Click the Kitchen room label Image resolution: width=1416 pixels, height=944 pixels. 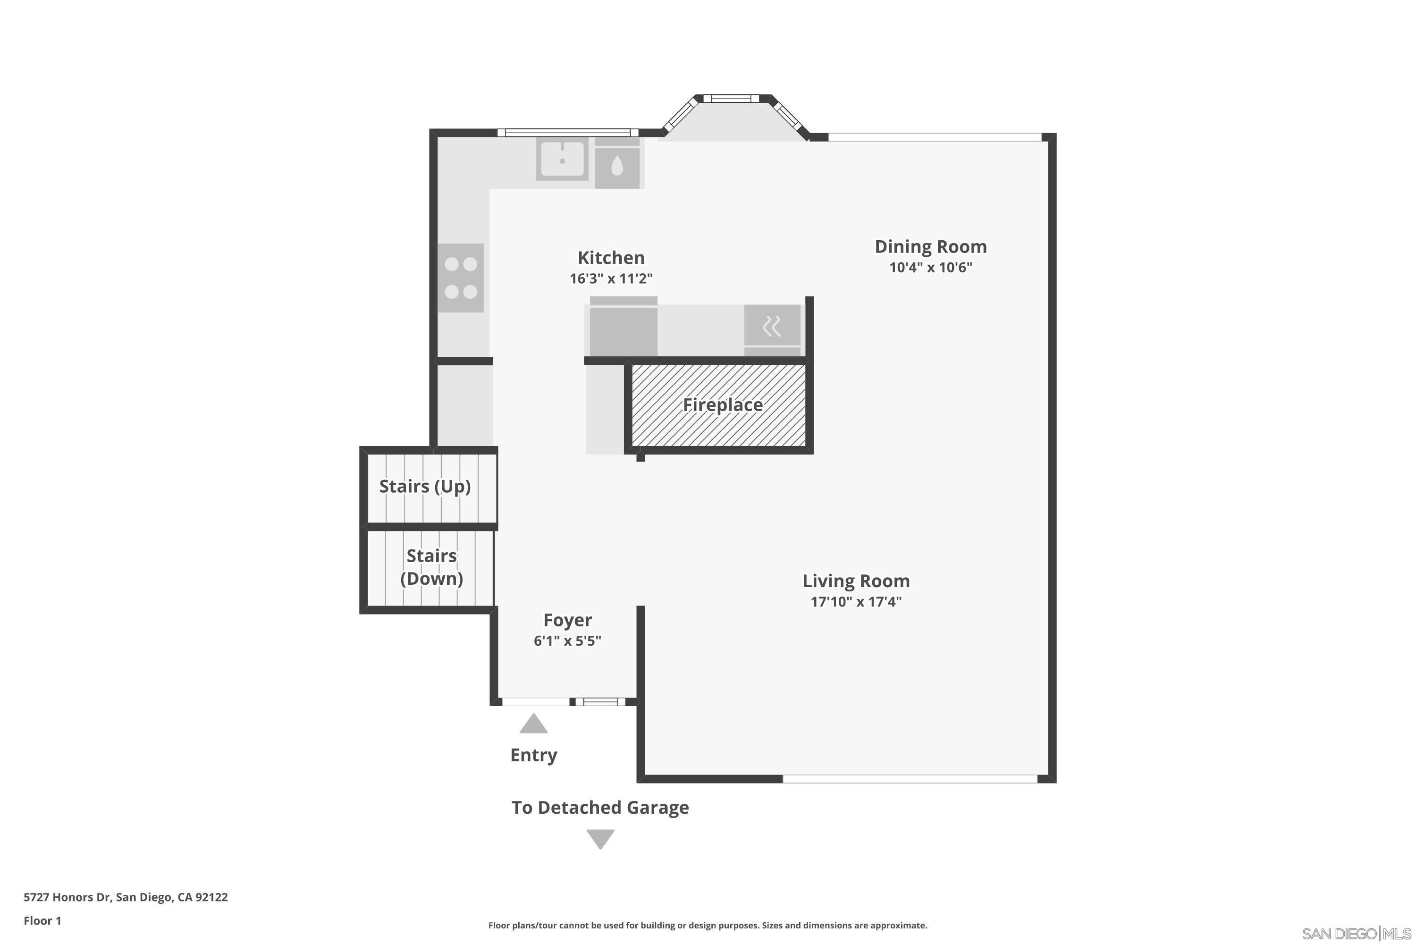click(611, 258)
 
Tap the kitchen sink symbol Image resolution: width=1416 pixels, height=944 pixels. click(562, 159)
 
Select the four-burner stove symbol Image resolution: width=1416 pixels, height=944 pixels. click(461, 278)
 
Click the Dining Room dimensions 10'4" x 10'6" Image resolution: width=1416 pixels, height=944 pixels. click(931, 267)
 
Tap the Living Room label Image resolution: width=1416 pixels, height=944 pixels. click(855, 581)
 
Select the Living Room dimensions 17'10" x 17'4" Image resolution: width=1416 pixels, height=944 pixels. click(855, 601)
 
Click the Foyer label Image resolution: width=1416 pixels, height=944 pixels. click(567, 620)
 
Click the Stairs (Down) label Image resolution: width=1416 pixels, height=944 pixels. click(432, 567)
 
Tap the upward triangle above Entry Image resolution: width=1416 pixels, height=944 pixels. click(533, 724)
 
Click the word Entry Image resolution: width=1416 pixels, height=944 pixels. click(533, 755)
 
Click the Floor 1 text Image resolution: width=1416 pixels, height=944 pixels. click(42, 920)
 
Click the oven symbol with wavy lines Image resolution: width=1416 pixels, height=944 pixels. click(772, 326)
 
